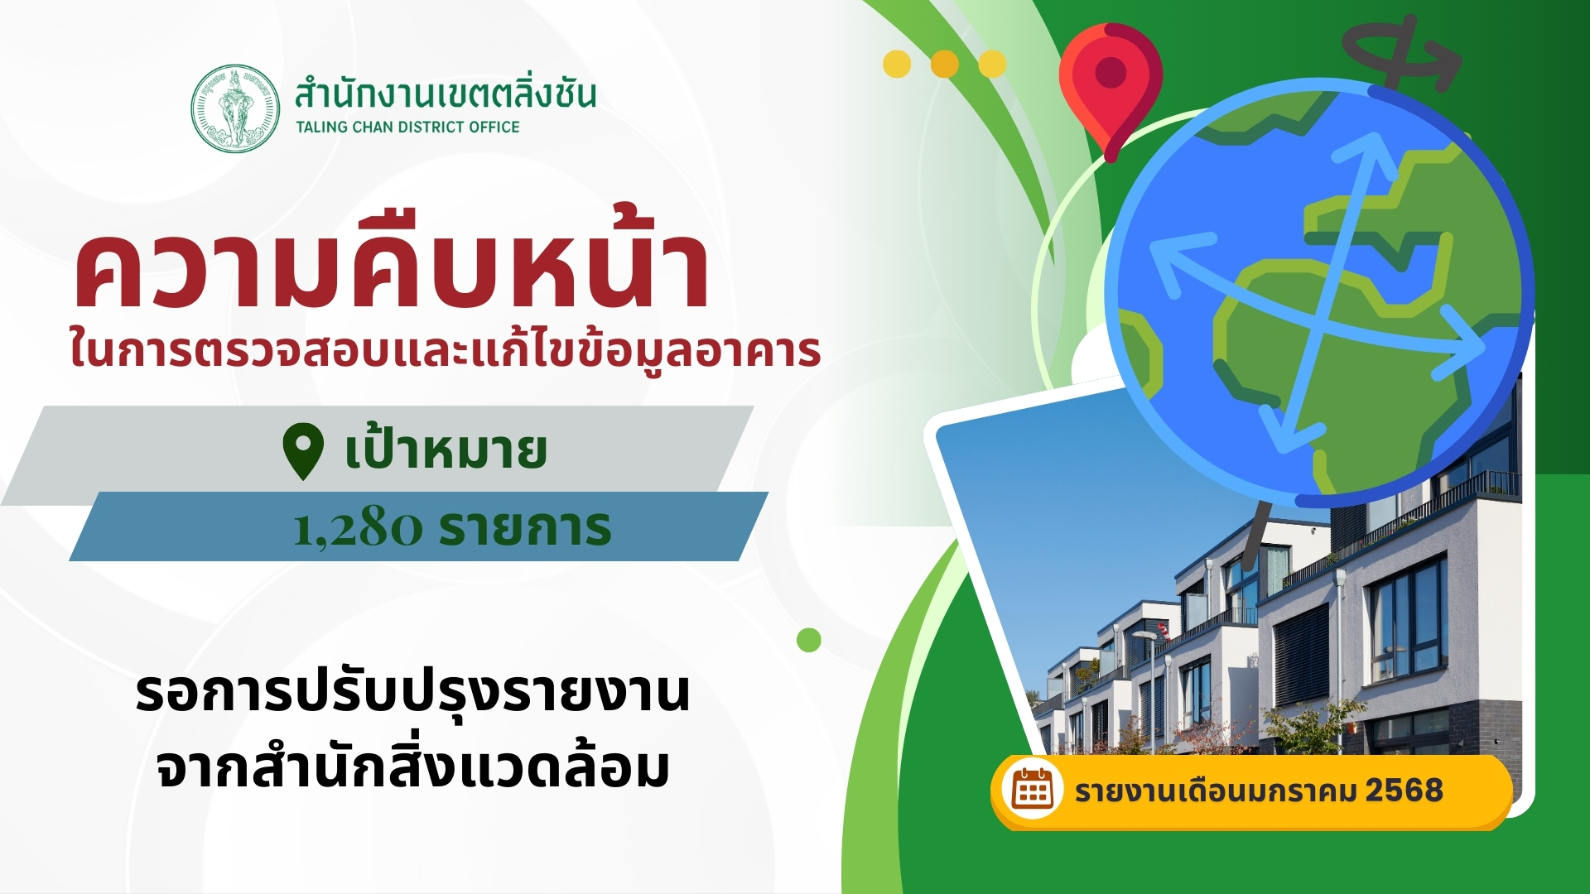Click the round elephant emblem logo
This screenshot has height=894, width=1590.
[235, 108]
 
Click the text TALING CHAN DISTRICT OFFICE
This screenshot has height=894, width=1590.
[407, 127]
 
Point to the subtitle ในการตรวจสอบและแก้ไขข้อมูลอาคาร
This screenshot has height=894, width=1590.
[446, 348]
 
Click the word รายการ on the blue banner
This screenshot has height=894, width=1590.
[525, 527]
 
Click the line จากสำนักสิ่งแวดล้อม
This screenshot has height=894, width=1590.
[412, 765]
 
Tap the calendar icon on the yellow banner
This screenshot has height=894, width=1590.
[1032, 791]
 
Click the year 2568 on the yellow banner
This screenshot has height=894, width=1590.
[1404, 791]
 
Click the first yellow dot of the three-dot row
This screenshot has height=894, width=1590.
[897, 64]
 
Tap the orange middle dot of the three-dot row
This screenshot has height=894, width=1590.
[945, 64]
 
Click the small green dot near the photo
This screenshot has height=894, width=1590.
[809, 640]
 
